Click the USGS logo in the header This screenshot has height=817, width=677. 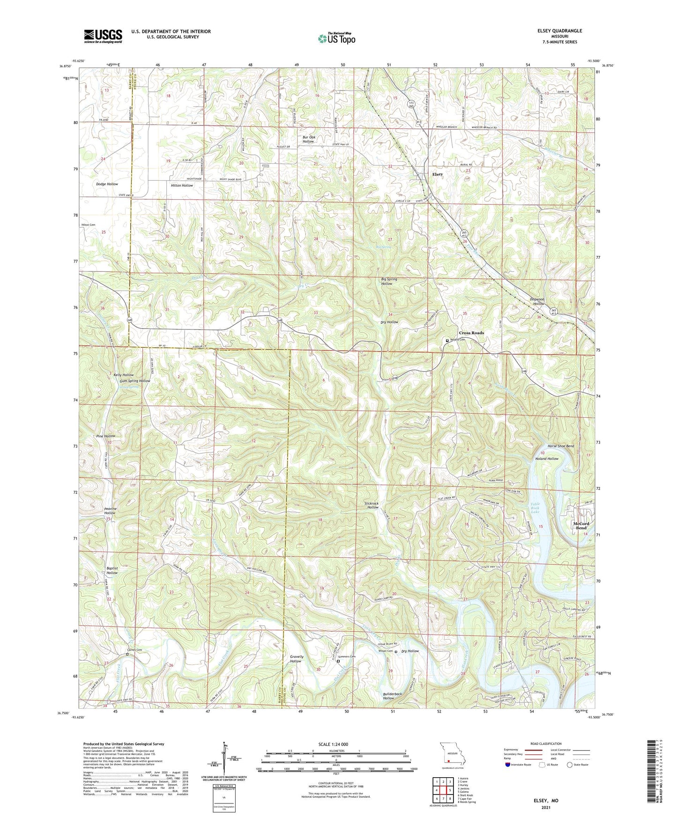[103, 36]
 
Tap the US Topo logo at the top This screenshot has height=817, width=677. [336, 38]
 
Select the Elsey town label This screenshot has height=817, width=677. [437, 174]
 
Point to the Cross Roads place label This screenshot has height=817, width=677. [471, 333]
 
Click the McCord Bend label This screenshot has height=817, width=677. [581, 525]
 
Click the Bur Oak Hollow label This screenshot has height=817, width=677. [308, 139]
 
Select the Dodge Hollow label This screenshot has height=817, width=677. [107, 184]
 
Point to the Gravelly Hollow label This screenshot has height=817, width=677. [296, 659]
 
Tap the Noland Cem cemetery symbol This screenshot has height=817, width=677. [447, 340]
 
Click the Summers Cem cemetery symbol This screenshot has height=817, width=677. [338, 661]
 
